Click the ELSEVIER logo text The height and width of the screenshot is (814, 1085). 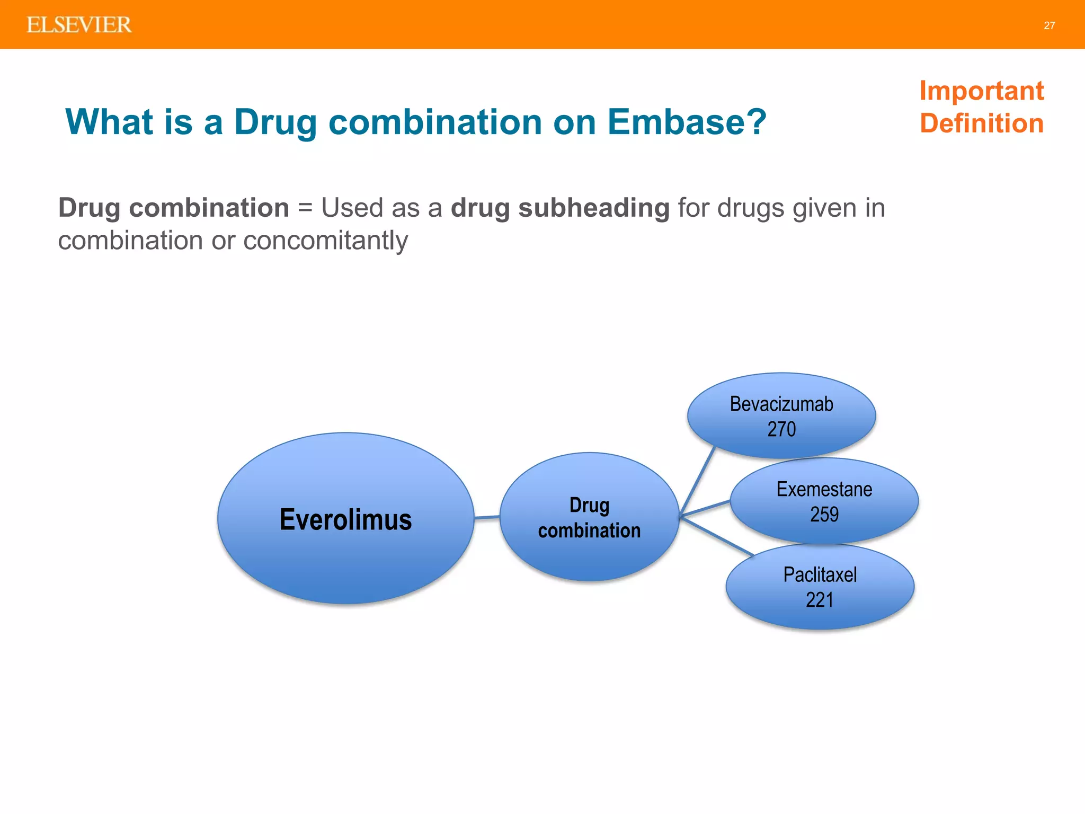point(79,25)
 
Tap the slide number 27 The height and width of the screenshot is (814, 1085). point(1049,25)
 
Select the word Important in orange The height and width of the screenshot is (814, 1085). point(981,91)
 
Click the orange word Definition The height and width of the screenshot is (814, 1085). point(981,123)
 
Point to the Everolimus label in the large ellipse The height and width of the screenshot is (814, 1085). point(345,519)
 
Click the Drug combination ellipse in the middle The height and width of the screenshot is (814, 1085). point(589,517)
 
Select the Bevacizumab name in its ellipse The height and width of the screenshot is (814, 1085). point(781,404)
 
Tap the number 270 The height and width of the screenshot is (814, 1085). point(781,429)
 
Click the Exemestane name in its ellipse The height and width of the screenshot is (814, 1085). point(824,489)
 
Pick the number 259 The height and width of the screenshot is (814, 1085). point(824,514)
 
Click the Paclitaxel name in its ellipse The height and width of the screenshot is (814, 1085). point(820,575)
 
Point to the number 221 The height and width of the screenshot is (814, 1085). point(820,600)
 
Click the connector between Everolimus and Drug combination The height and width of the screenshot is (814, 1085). point(487,517)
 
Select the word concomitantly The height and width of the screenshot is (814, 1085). point(325,241)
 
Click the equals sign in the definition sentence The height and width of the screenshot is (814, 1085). point(305,208)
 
